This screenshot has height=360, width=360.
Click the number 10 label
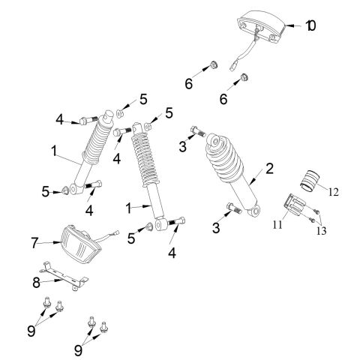[310, 26]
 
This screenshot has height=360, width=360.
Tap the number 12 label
[332, 192]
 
